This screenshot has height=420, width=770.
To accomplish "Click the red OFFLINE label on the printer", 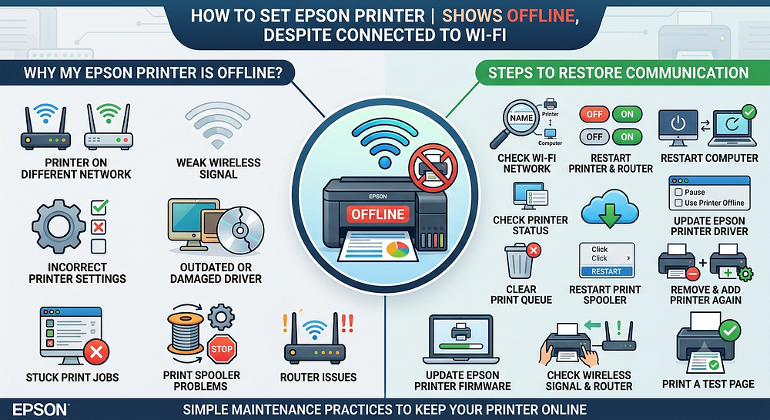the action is (x=377, y=214).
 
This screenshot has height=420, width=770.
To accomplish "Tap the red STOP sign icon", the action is (x=222, y=349).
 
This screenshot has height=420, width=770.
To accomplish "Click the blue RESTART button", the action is (x=607, y=271).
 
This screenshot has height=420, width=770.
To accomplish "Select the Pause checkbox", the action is (x=678, y=192).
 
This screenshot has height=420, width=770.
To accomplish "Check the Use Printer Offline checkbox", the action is (x=678, y=203).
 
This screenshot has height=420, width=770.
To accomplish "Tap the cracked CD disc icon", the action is (x=240, y=230).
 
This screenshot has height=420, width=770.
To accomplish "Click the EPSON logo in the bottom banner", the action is (x=40, y=410).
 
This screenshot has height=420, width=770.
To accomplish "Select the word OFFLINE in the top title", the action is (x=541, y=15).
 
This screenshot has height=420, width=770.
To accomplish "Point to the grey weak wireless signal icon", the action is (x=218, y=126).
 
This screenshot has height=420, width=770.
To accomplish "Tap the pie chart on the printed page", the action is (x=398, y=249).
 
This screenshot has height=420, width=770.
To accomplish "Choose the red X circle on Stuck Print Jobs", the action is (x=96, y=351).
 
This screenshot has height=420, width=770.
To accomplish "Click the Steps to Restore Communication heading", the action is (x=618, y=73).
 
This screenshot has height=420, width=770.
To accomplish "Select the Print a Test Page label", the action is (x=708, y=384).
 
